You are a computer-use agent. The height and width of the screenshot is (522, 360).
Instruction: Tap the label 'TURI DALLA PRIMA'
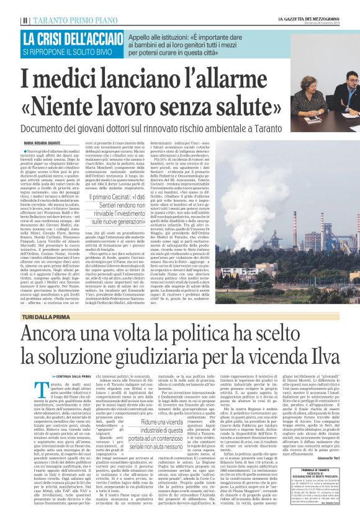43,317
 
